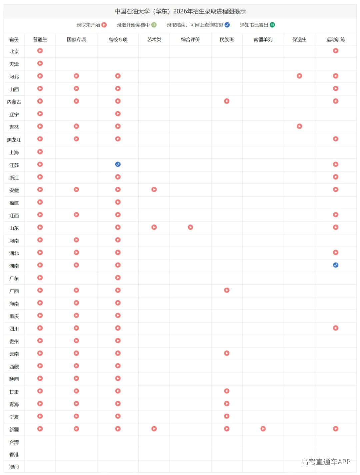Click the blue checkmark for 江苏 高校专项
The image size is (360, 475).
click(x=118, y=164)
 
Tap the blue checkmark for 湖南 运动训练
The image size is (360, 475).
click(x=335, y=265)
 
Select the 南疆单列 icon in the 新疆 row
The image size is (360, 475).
click(x=263, y=429)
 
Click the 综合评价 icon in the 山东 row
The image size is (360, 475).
click(x=190, y=227)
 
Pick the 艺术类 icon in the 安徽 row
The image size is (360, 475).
click(x=154, y=189)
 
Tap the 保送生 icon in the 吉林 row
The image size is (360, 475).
click(x=299, y=126)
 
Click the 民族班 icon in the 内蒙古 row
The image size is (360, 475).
click(x=227, y=101)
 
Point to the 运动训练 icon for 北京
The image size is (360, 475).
click(x=335, y=51)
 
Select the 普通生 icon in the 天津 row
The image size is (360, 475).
click(x=40, y=63)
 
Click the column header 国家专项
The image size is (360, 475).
click(x=76, y=39)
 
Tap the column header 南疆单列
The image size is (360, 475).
click(x=263, y=39)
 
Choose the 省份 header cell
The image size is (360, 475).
click(x=14, y=39)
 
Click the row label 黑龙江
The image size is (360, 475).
click(x=14, y=140)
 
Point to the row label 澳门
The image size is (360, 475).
click(x=14, y=467)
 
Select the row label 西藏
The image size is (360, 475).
click(x=14, y=367)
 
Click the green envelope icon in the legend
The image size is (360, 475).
click(x=272, y=25)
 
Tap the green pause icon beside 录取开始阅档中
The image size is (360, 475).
click(x=154, y=25)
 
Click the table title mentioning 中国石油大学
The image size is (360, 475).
click(x=180, y=11)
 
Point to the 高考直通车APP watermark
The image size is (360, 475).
click(x=325, y=462)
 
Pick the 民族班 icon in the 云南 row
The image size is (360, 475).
click(x=227, y=353)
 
